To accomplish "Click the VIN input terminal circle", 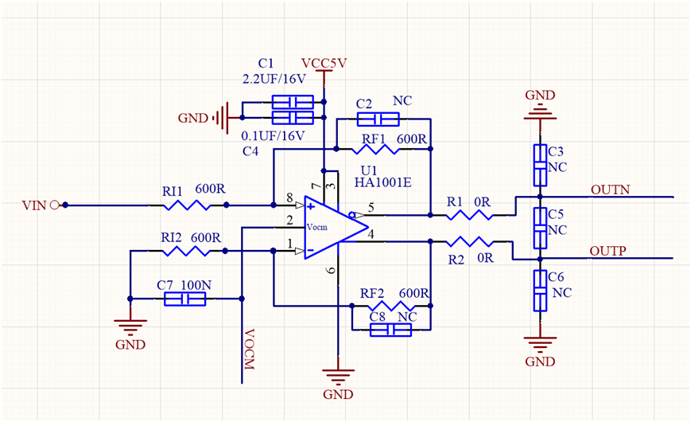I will [55, 205].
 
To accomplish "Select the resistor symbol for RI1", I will [187, 205].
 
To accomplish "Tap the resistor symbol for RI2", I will [185, 252].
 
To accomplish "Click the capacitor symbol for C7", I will [184, 299].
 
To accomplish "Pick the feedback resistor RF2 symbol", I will [390, 305].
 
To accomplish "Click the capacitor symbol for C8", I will [390, 329].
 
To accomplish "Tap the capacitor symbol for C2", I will [377, 119].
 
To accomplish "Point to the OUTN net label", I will [610, 190].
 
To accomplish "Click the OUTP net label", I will [608, 251].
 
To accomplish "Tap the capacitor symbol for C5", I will [541, 227].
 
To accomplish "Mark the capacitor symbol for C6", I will [541, 291].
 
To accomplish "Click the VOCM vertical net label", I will [250, 350].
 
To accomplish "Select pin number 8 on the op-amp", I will [288, 197].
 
